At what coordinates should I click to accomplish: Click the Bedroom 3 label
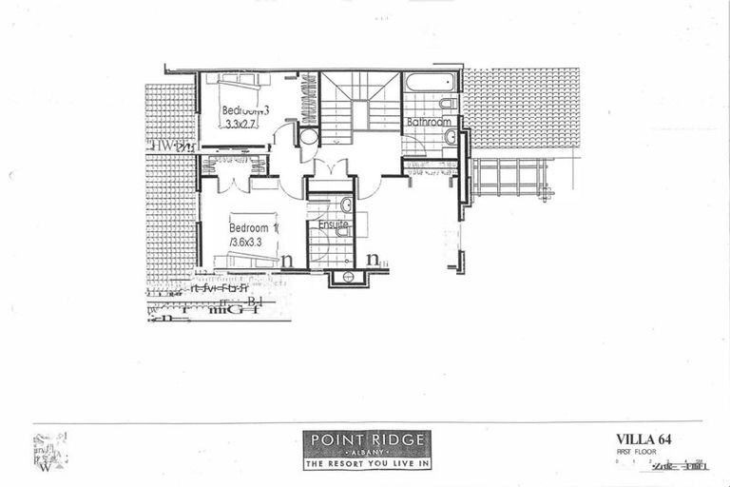click(x=245, y=110)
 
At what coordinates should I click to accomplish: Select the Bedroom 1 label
click(x=252, y=228)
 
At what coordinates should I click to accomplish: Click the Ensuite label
click(x=333, y=226)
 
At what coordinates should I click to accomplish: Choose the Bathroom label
click(x=429, y=123)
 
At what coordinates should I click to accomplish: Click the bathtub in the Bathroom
click(x=430, y=82)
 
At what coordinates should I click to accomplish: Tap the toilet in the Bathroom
click(x=448, y=104)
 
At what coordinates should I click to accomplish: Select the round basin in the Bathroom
click(x=451, y=137)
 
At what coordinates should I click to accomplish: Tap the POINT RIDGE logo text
click(x=366, y=439)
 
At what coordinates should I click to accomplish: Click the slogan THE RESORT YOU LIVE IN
click(x=366, y=464)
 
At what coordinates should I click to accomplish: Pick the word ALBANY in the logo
click(x=366, y=453)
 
